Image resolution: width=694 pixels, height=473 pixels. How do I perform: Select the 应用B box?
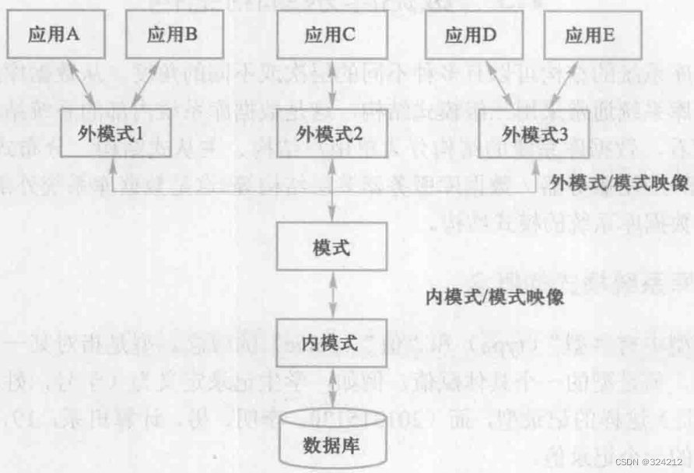[173, 36]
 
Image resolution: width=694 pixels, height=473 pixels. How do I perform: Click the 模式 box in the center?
[332, 248]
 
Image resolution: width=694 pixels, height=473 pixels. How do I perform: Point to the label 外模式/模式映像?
[619, 184]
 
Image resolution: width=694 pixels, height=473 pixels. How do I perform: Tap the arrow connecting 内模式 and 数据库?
[332, 392]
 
